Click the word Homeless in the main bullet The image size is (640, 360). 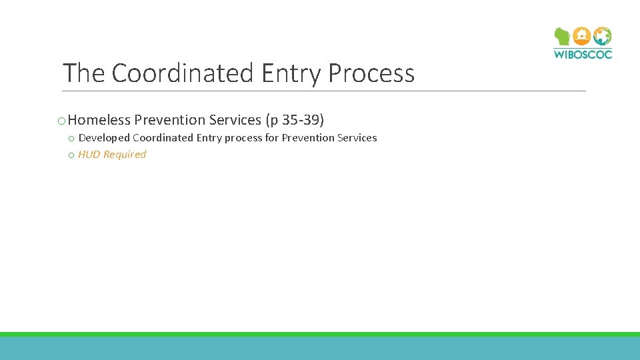click(99, 120)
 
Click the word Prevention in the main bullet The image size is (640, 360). click(169, 120)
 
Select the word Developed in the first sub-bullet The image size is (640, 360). click(104, 138)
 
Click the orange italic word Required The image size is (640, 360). click(124, 155)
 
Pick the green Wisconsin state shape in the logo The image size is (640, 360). click(562, 36)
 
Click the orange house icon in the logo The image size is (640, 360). click(582, 35)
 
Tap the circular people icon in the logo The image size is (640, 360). click(603, 35)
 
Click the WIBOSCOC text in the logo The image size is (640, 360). click(583, 54)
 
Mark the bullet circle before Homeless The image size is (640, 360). click(61, 121)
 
